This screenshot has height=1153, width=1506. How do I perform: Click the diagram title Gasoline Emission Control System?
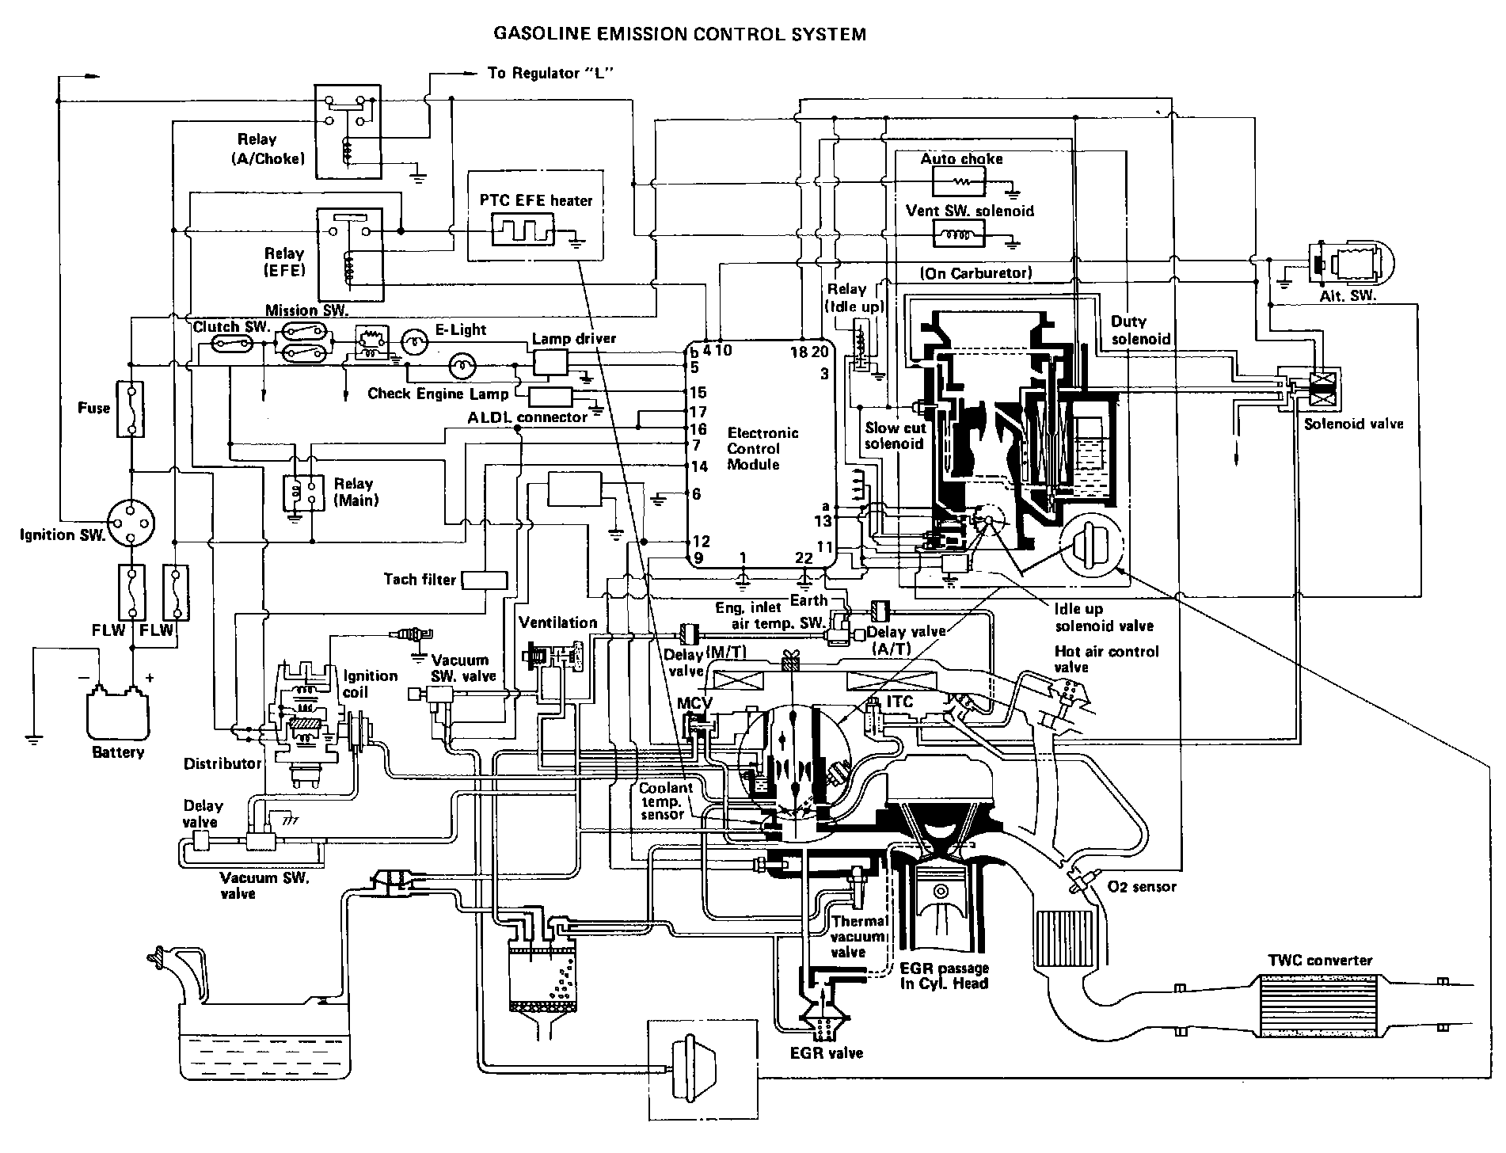point(679,34)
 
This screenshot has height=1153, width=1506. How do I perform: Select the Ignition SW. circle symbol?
point(129,522)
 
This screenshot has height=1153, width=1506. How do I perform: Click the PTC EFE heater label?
point(536,200)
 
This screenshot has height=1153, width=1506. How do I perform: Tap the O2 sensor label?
point(1142,886)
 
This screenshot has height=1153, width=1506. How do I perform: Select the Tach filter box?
point(485,580)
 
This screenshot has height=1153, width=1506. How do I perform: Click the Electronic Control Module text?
point(763,448)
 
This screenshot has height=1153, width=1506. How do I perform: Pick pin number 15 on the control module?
point(698,393)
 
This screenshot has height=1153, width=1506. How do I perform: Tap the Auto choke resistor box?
point(958,183)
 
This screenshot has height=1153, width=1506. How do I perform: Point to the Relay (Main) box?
point(304,493)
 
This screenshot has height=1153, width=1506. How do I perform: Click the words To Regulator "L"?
point(551,73)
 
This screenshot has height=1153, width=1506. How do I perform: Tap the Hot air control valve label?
point(1105,659)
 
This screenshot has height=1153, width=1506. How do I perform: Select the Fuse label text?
point(93,408)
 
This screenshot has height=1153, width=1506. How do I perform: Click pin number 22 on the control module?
point(804,557)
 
